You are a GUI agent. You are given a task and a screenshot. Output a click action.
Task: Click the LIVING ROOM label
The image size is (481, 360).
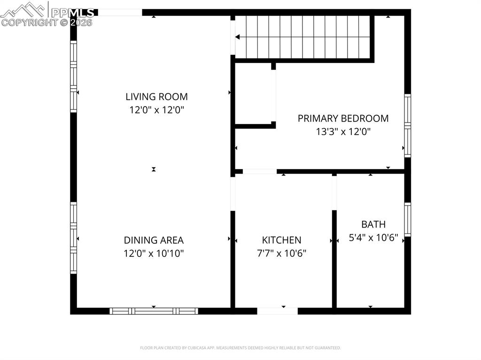click(156, 97)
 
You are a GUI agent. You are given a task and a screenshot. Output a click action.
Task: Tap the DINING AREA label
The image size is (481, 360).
click(154, 240)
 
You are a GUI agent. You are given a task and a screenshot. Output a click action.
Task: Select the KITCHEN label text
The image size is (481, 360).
click(282, 240)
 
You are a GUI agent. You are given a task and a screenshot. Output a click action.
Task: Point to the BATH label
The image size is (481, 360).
click(373, 224)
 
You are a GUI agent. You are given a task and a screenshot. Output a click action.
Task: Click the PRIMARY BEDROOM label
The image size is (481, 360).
click(343, 118)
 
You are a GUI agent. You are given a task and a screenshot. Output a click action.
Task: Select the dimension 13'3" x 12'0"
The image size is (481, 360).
click(343, 132)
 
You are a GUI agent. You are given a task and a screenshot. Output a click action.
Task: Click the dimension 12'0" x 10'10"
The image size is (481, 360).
click(154, 253)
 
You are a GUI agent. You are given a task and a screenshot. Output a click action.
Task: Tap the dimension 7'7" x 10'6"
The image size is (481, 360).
click(282, 253)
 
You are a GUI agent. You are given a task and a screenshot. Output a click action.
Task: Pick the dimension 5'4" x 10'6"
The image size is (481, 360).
click(373, 238)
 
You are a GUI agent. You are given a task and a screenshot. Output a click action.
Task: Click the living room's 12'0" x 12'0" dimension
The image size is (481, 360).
click(156, 110)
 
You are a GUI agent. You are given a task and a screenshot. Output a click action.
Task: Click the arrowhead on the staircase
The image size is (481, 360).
click(238, 37)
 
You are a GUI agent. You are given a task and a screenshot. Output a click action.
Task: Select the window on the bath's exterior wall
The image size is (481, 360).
click(407, 219)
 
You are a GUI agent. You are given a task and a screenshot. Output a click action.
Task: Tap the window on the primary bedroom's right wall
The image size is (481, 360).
click(407, 125)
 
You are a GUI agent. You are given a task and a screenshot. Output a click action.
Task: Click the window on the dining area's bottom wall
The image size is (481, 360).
click(154, 311)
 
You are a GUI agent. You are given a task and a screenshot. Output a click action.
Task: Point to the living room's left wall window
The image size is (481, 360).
click(73, 77)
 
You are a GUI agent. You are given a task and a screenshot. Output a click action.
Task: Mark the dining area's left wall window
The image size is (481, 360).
click(73, 237)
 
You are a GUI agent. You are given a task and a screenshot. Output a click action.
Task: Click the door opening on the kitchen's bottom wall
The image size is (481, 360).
click(277, 311)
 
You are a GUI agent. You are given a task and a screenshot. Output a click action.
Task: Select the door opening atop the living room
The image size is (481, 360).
click(120, 13)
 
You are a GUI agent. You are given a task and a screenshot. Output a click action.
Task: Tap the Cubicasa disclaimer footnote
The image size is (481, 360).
click(240, 348)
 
